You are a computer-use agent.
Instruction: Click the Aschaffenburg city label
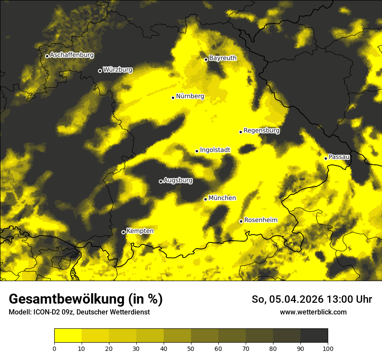[x=72, y=55]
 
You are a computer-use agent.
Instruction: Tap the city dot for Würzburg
[x=100, y=71]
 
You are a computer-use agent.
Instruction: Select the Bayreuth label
[x=223, y=58]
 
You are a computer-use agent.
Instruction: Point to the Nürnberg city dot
[x=173, y=98]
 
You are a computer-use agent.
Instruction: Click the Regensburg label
[x=261, y=131]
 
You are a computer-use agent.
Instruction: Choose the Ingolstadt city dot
[x=197, y=151]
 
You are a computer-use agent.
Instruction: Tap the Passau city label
[x=339, y=157]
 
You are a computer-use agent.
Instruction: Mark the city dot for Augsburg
[x=161, y=181]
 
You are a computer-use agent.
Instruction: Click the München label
[x=222, y=198]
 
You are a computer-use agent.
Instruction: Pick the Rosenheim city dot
[x=241, y=221]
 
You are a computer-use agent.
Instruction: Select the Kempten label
[x=140, y=231]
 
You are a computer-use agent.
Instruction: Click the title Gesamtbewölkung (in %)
[x=86, y=299]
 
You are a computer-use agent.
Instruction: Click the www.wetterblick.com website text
[x=313, y=312]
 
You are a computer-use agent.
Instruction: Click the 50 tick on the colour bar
[x=191, y=348]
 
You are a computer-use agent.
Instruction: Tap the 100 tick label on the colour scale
[x=328, y=348]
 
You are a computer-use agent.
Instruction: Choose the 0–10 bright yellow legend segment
[x=68, y=336]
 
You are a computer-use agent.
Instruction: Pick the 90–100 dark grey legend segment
[x=314, y=336]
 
